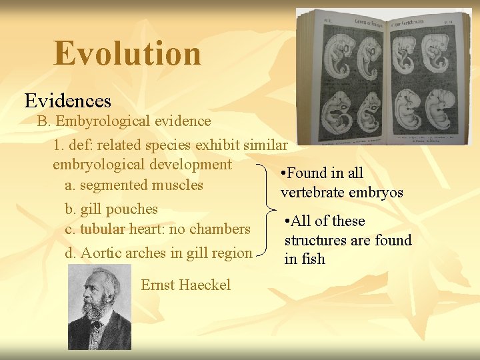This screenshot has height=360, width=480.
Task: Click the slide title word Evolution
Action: coord(127,53)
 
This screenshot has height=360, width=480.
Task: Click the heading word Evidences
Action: coord(68,101)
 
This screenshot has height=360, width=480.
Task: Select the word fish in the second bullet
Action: coord(312,259)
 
